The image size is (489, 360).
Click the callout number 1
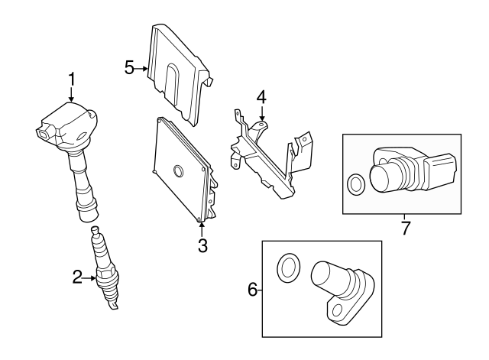coord(72,79)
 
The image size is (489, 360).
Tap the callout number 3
coord(202,245)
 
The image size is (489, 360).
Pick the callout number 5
coord(130,68)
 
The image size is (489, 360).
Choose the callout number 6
coord(253,289)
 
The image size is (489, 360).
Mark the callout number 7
coord(405,227)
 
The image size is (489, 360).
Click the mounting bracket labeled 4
coord(267,157)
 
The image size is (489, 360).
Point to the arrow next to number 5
coord(142,68)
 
